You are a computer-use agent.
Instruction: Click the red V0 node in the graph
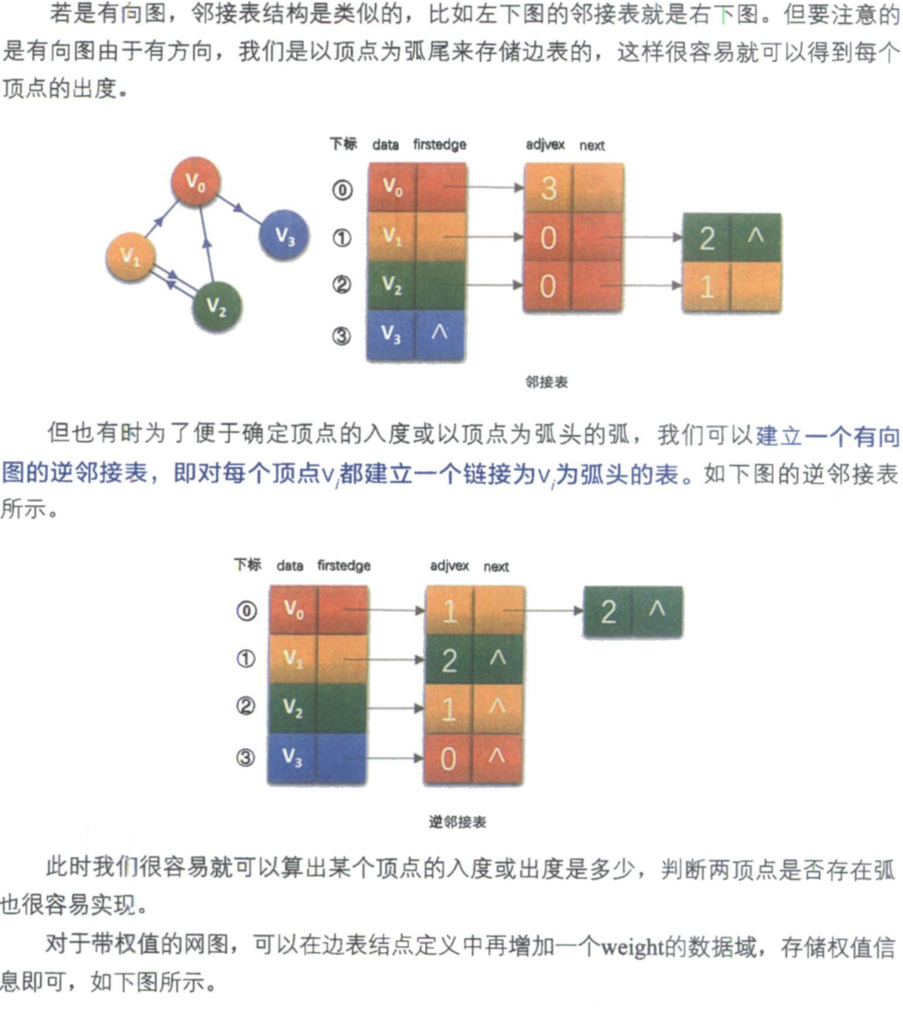pyautogui.click(x=195, y=181)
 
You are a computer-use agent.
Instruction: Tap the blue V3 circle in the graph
pyautogui.click(x=284, y=235)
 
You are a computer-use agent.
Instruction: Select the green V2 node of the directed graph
pyautogui.click(x=216, y=306)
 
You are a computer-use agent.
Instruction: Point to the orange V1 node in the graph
pyautogui.click(x=131, y=256)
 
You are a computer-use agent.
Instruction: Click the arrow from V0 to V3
pyautogui.click(x=240, y=210)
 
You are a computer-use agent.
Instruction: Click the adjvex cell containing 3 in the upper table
pyautogui.click(x=549, y=188)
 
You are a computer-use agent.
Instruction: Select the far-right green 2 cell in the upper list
pyautogui.click(x=707, y=237)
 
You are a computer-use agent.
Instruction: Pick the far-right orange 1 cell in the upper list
pyautogui.click(x=707, y=287)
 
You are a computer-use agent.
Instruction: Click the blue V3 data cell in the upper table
pyautogui.click(x=392, y=335)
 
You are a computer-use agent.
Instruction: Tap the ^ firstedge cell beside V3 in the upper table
pyautogui.click(x=440, y=335)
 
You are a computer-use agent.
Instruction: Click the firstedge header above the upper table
pyautogui.click(x=440, y=144)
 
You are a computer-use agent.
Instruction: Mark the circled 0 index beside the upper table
pyautogui.click(x=342, y=190)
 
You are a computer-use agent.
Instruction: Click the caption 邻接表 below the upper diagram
pyautogui.click(x=546, y=382)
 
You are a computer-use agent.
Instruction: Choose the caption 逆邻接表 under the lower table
pyautogui.click(x=457, y=822)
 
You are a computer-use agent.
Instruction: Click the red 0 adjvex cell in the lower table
pyautogui.click(x=448, y=759)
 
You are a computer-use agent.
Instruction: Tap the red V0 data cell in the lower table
pyautogui.click(x=293, y=611)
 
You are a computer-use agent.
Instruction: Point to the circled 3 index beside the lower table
pyautogui.click(x=245, y=757)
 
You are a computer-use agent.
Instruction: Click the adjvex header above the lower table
pyautogui.click(x=449, y=565)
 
